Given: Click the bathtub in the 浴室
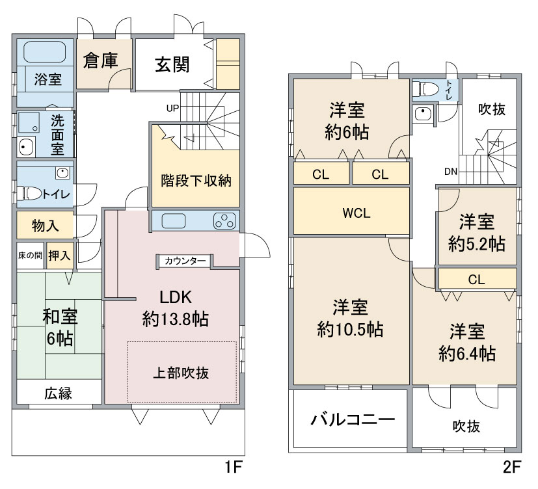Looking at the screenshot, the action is (45, 52).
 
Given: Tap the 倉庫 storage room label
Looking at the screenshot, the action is (101, 60).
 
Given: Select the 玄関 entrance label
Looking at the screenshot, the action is (172, 64).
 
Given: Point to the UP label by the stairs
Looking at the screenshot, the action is (172, 109).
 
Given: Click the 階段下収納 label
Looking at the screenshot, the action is (196, 180).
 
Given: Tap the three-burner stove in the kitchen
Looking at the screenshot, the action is (224, 221).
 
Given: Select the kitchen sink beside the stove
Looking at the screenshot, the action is (174, 221).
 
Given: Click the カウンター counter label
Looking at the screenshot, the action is (185, 261).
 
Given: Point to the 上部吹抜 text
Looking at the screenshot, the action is (181, 373).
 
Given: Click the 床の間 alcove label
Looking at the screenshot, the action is (30, 256).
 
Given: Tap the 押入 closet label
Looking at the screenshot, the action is (59, 256).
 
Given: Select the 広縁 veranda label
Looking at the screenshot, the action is (58, 393).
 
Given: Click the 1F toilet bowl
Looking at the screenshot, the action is (33, 194).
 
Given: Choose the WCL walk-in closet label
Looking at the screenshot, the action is (356, 213).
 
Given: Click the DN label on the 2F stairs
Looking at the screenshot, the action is (451, 172).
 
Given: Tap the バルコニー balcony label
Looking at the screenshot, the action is (353, 419).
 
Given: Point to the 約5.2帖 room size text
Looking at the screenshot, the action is (477, 244).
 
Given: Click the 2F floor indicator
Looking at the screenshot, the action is (512, 467).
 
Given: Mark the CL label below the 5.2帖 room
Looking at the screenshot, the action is (477, 280).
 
